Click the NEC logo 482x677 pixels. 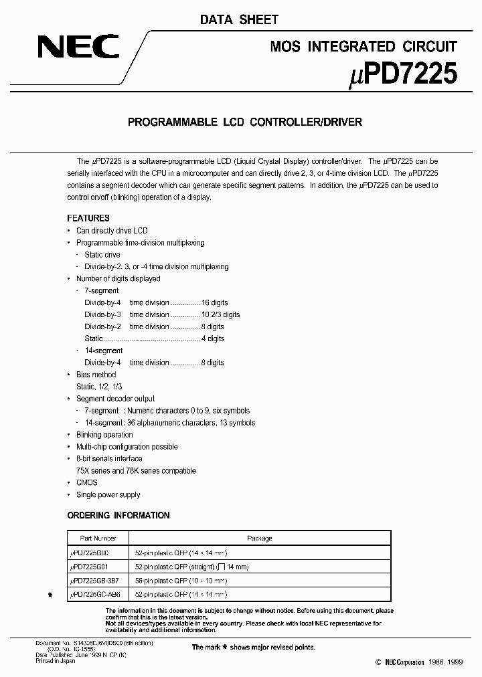(x=78, y=47)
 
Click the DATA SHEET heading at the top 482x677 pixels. (x=239, y=20)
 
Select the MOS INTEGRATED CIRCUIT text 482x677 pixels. (x=364, y=46)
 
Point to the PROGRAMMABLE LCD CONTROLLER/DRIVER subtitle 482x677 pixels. (x=244, y=122)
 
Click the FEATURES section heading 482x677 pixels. (x=88, y=218)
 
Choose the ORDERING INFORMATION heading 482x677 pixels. (x=118, y=515)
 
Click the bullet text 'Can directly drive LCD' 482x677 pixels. (x=112, y=231)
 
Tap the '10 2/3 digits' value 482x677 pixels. (x=220, y=314)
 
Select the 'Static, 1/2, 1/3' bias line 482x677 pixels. (x=99, y=387)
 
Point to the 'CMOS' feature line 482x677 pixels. (x=87, y=483)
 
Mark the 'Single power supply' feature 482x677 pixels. (x=108, y=495)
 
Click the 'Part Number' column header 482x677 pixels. (x=98, y=538)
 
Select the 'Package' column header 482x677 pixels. (x=260, y=538)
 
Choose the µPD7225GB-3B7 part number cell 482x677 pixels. (x=98, y=580)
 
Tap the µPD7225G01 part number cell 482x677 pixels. (x=94, y=566)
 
